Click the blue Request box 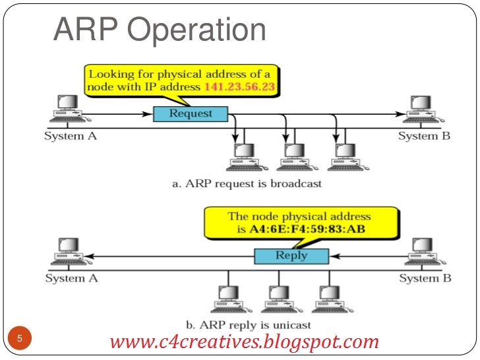point(191,113)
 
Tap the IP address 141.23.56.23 point(240,86)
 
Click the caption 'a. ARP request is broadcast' point(247,183)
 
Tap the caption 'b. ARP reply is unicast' point(249,324)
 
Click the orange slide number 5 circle point(20,339)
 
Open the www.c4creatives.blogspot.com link point(244,342)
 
